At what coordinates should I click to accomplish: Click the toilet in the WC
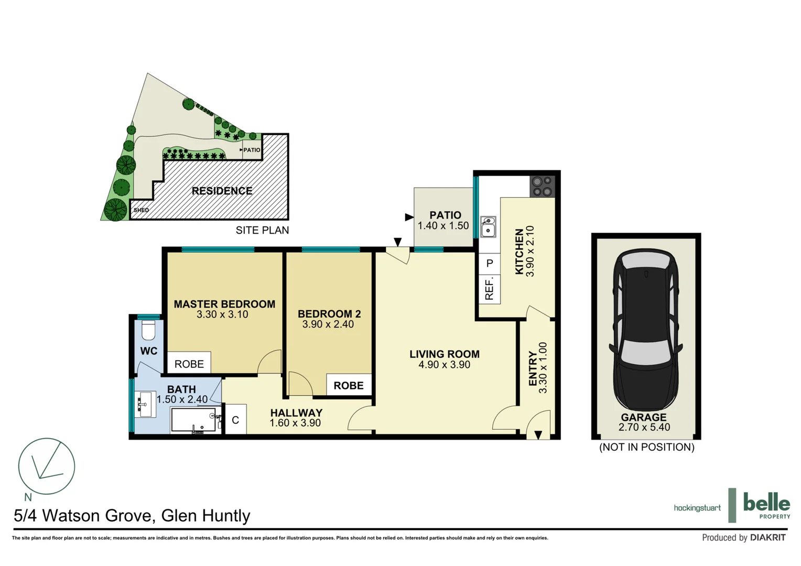148,331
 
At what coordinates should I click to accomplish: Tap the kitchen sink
488,227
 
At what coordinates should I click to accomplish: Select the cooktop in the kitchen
542,187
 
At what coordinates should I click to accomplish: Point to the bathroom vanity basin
144,404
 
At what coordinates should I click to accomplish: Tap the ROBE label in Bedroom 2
349,386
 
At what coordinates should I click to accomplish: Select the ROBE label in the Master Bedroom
189,364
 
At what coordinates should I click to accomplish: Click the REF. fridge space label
490,289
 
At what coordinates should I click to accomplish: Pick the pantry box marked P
490,263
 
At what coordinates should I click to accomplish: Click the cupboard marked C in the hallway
235,420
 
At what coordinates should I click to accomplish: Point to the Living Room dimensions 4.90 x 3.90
444,365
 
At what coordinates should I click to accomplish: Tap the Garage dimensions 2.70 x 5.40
644,427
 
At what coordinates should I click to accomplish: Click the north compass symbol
47,466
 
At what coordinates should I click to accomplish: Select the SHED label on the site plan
141,210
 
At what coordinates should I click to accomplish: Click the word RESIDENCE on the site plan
222,191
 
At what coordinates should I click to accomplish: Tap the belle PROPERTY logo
765,506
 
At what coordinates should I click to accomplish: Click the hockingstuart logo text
697,508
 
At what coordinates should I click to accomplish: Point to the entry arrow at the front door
538,434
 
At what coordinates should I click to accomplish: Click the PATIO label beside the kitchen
445,215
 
